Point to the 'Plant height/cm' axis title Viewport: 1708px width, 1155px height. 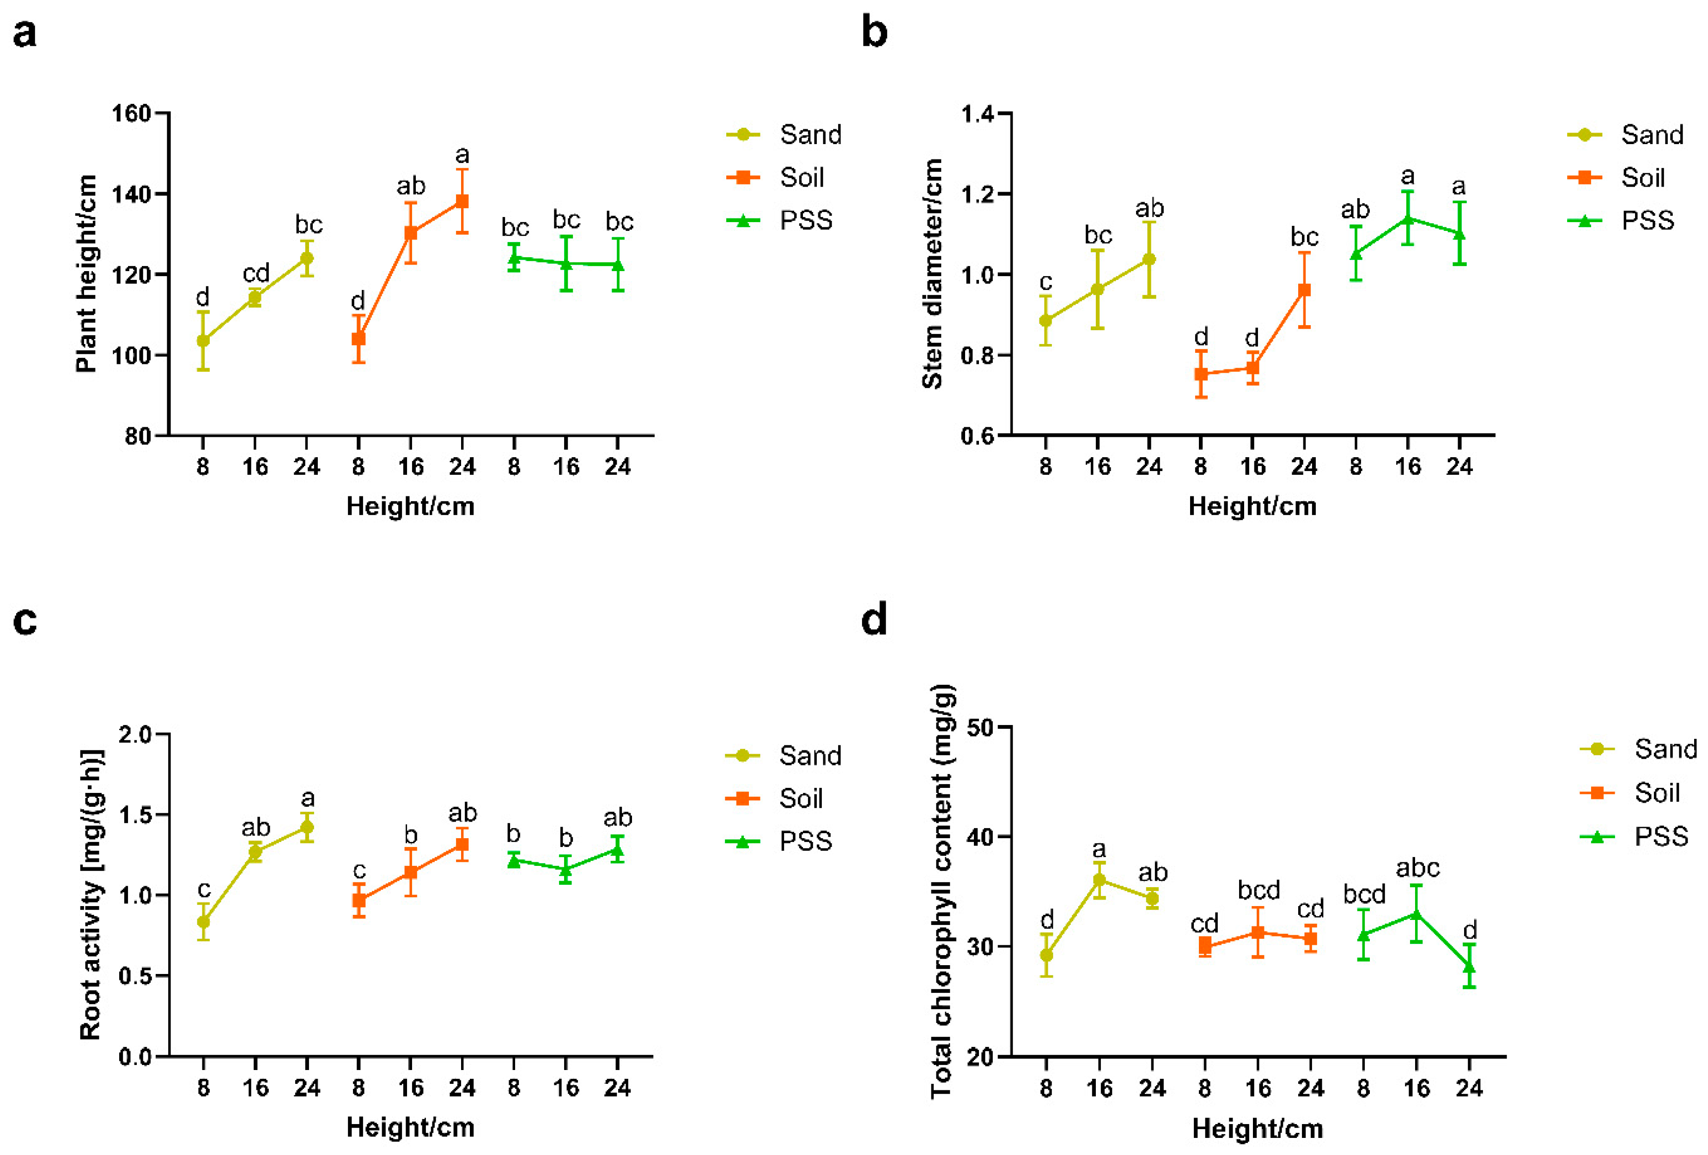click(x=86, y=273)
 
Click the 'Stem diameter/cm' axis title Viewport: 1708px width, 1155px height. click(x=932, y=273)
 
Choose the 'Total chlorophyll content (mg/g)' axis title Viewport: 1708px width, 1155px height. click(x=942, y=891)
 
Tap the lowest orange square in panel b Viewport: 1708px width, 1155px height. click(x=1201, y=374)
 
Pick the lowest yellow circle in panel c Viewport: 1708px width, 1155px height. click(x=204, y=922)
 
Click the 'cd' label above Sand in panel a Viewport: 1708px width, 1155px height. click(x=256, y=273)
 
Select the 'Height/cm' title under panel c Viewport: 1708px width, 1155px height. click(x=410, y=1127)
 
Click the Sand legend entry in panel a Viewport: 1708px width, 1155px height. click(x=809, y=134)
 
